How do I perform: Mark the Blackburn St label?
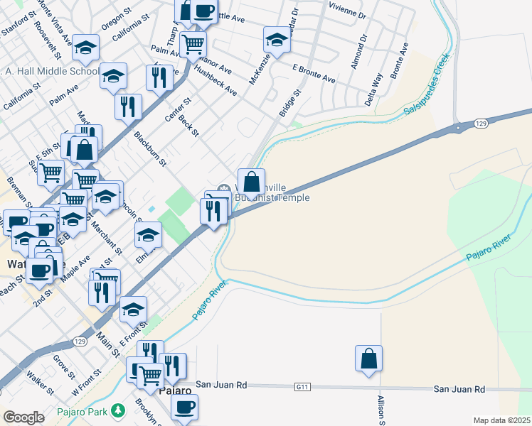click(149, 148)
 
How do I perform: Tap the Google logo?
click(23, 417)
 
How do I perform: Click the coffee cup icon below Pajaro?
click(185, 408)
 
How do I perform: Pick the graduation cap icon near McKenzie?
click(277, 40)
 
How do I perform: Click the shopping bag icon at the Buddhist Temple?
click(250, 181)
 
